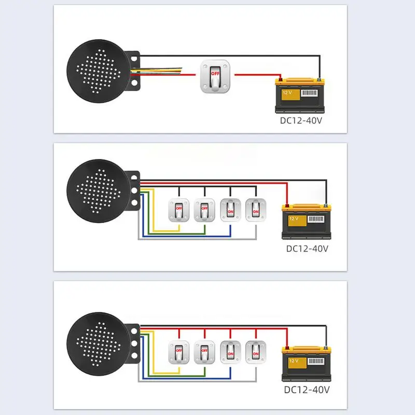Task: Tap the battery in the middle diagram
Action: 307,222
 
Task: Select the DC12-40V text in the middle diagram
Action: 308,248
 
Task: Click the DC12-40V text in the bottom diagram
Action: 307,389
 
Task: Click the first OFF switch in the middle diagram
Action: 179,209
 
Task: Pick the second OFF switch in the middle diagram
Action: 204,209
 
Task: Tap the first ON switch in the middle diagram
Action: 230,209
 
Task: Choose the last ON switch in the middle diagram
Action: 255,209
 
